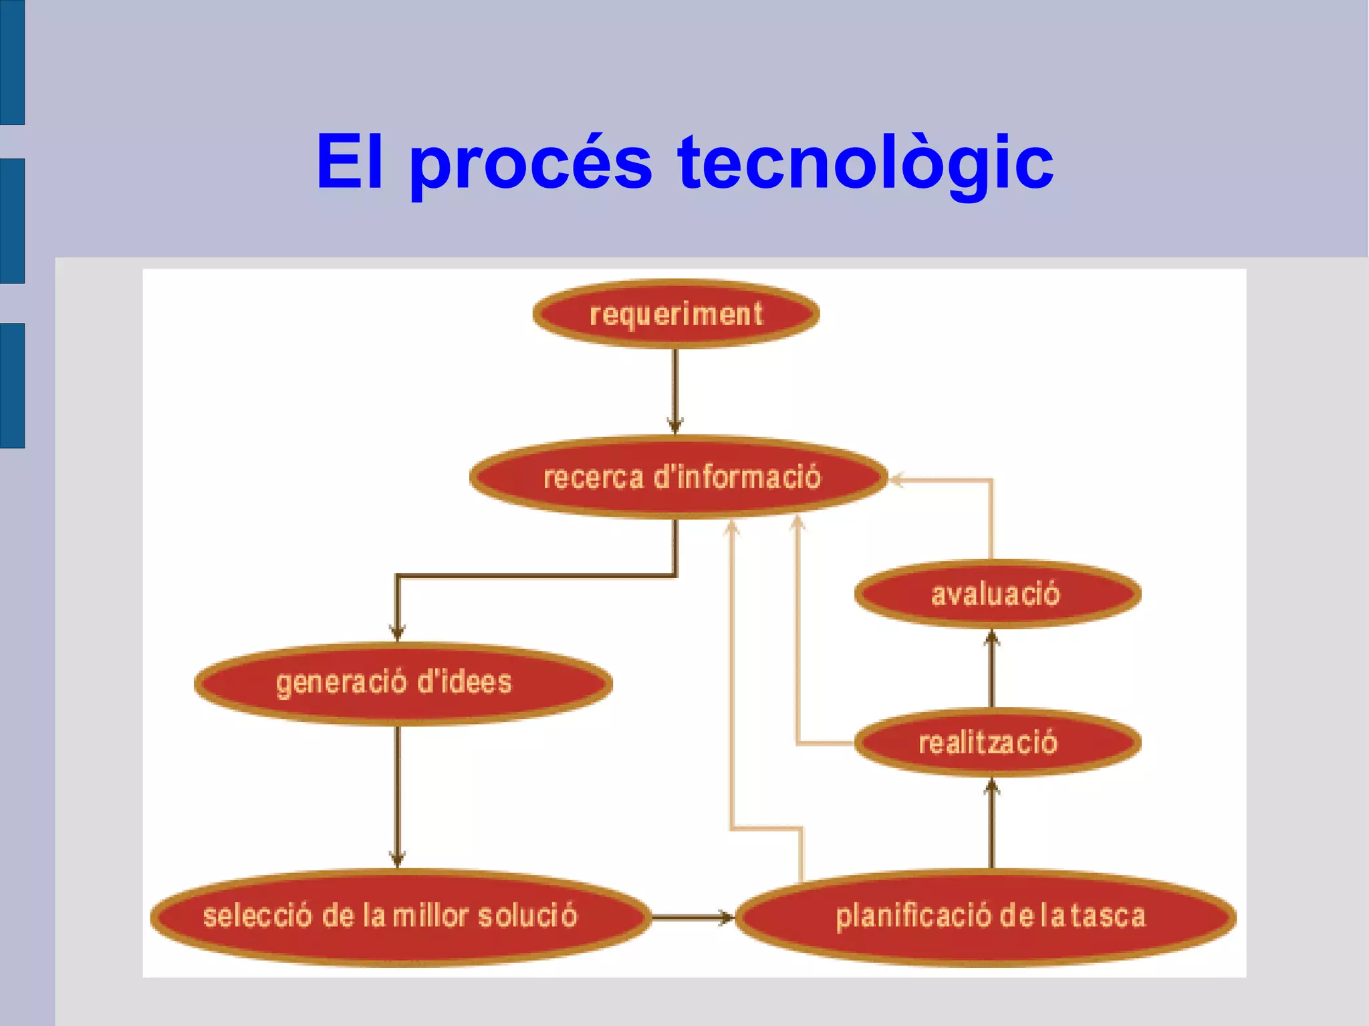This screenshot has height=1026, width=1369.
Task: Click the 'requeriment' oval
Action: click(x=676, y=313)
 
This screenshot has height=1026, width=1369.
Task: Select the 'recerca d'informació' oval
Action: click(x=679, y=477)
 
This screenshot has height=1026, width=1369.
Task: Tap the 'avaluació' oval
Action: click(x=997, y=594)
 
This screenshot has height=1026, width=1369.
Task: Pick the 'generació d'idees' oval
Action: click(x=403, y=682)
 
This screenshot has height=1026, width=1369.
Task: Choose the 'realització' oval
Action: click(x=997, y=743)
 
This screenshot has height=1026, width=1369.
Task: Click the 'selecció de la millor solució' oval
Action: click(x=400, y=916)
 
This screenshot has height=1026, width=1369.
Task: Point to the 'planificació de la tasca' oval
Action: click(x=986, y=916)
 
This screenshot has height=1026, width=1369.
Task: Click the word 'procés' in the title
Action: click(x=530, y=162)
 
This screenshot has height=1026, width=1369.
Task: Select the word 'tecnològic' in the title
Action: click(x=865, y=162)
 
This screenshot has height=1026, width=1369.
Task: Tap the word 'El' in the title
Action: click(x=350, y=162)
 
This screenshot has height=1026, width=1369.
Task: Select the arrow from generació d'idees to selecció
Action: click(x=398, y=795)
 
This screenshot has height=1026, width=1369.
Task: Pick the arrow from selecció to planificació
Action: click(x=693, y=917)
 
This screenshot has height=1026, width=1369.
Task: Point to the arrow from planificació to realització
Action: click(x=992, y=825)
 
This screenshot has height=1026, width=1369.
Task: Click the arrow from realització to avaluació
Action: click(x=992, y=668)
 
